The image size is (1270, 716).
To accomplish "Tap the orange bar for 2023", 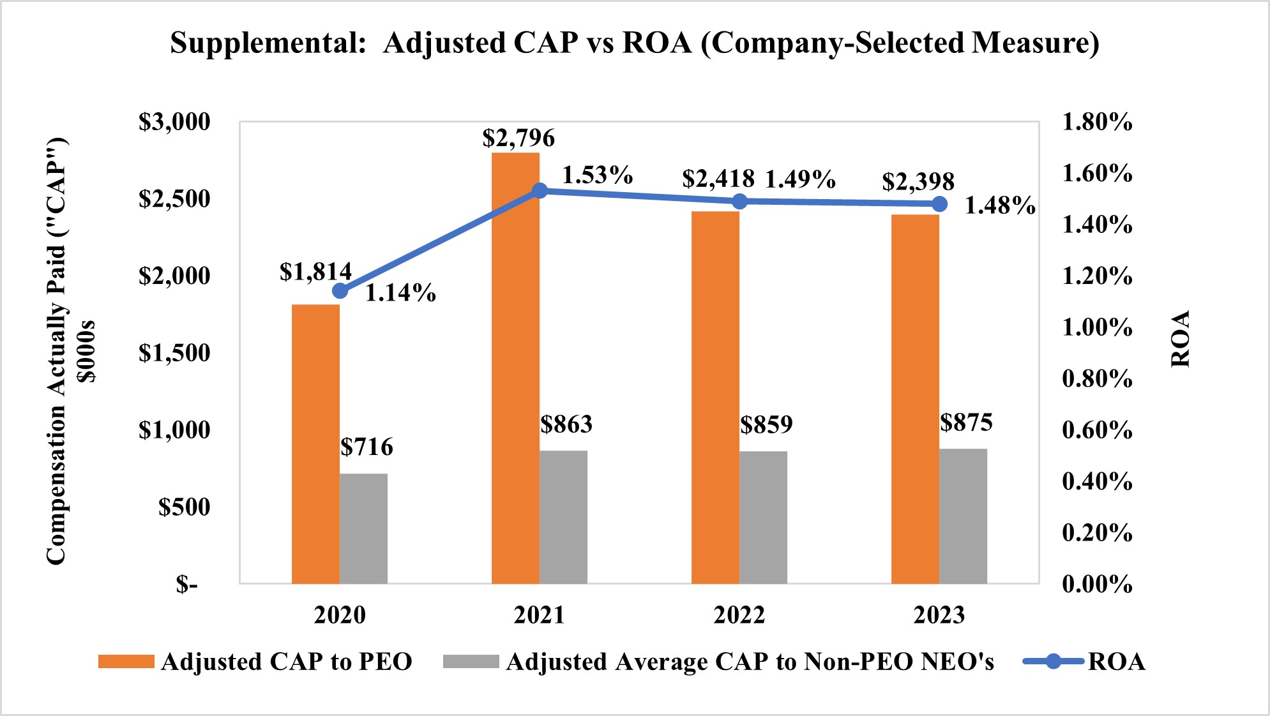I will [915, 399].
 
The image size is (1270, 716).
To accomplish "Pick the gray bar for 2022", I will [763, 518].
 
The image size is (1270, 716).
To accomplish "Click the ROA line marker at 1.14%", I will [340, 291].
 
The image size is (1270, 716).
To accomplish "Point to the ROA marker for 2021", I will [540, 190].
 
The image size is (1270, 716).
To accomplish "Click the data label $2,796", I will [518, 138].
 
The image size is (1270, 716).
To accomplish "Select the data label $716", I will [367, 447].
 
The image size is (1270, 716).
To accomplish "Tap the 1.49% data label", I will [800, 180].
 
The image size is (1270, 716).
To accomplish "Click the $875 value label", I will [966, 422].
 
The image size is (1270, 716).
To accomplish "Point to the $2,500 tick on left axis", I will [174, 199].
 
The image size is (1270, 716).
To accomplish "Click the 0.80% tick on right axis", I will [1097, 379].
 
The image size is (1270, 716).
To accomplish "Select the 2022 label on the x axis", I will [739, 615].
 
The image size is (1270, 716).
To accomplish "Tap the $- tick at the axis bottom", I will [187, 585].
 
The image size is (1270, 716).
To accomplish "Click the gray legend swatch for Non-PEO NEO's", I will [471, 662].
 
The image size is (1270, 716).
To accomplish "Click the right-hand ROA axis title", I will [1181, 339].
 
